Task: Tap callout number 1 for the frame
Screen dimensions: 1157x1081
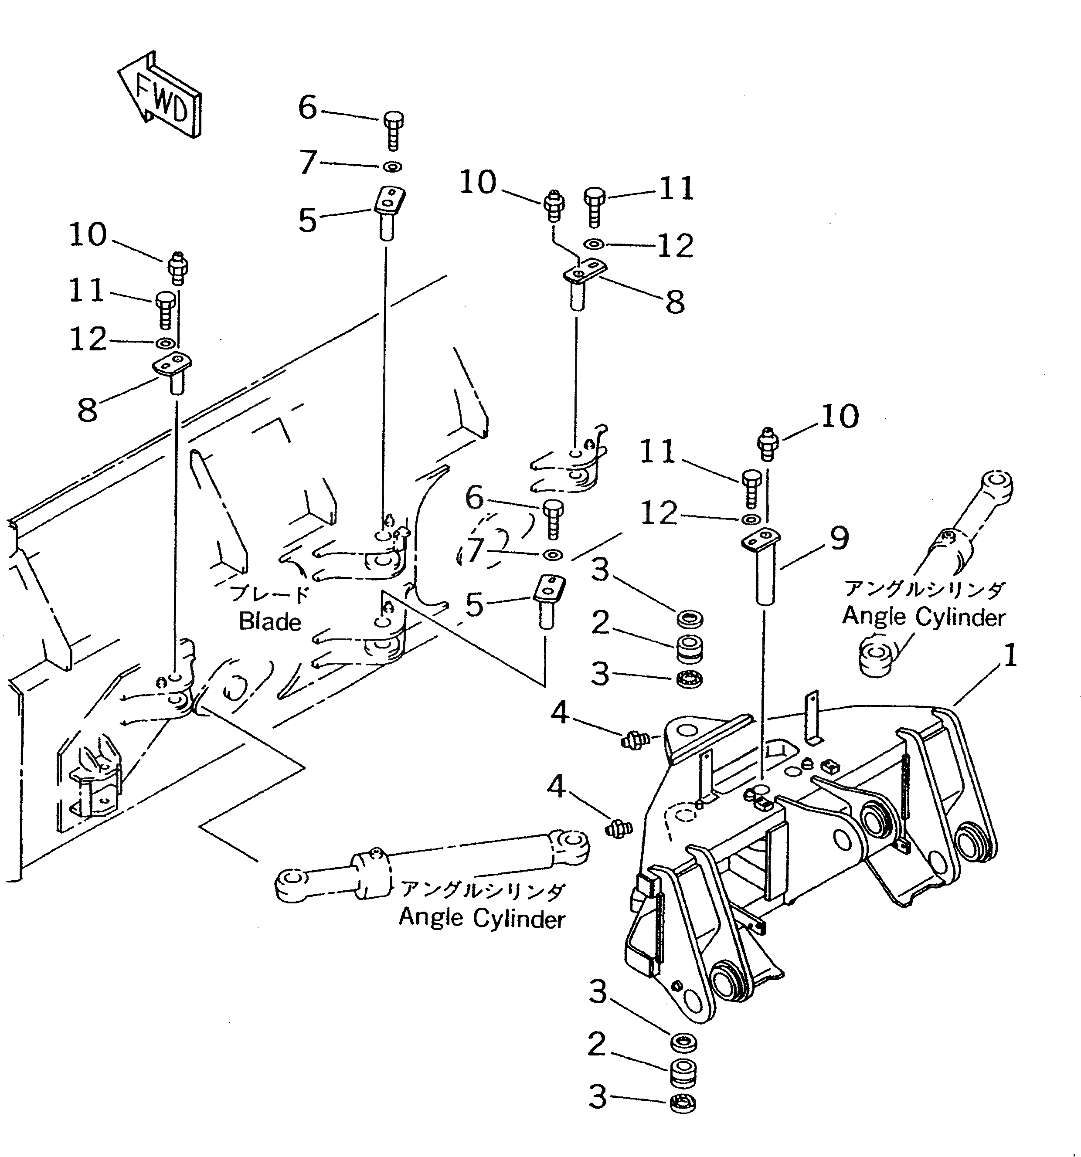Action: point(1010,656)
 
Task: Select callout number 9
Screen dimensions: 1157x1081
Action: point(839,538)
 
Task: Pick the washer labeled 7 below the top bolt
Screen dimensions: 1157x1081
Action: point(393,167)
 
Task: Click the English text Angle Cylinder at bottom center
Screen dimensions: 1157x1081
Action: point(482,918)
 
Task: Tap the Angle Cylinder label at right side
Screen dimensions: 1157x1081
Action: point(924,616)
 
